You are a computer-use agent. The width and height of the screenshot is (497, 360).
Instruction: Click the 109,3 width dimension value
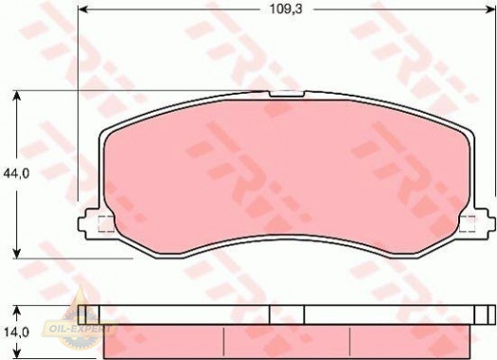286,9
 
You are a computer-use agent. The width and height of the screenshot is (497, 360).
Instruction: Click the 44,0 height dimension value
16,173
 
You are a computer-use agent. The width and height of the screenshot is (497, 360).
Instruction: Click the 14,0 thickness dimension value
16,333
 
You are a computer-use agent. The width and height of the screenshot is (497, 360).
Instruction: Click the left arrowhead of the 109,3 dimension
82,9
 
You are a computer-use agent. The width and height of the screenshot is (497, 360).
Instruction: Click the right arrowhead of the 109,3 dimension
490,9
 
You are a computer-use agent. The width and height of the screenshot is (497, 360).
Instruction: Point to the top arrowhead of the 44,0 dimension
17,96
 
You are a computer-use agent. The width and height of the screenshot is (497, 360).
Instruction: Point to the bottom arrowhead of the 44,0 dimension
17,253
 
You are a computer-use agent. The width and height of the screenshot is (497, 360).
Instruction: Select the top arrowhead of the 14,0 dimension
17,311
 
